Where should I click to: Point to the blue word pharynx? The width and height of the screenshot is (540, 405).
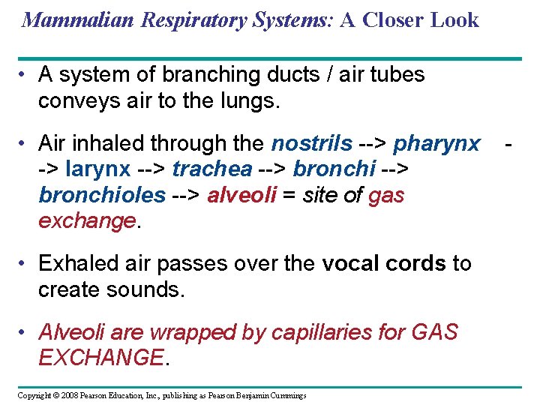coord(436,143)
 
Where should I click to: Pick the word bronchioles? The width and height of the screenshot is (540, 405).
coord(101,196)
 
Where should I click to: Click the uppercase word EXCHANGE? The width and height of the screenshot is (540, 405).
coord(100,358)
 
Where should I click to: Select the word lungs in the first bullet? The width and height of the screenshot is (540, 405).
coord(247,101)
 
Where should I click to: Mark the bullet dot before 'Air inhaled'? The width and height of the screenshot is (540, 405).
coord(25,142)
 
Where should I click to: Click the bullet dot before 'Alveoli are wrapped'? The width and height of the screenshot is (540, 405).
coord(25,331)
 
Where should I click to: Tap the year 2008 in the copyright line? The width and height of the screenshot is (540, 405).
coord(68,395)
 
